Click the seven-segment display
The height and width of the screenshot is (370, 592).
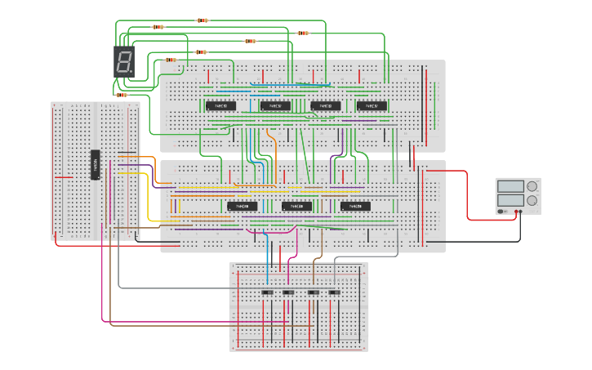coord(124,61)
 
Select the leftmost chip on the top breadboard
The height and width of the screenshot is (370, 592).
coord(220,105)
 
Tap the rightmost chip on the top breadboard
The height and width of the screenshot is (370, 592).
coord(372,105)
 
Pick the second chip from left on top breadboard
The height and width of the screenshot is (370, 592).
coord(275,105)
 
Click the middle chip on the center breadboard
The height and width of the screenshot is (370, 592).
coord(296,206)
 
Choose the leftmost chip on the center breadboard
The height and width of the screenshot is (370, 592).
coord(242,206)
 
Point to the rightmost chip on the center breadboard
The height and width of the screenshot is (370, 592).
coord(355,206)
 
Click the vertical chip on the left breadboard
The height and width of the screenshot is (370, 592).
coord(95,165)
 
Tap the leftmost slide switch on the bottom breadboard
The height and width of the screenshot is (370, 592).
coord(266,292)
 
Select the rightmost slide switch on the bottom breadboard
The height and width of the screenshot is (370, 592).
coord(333,292)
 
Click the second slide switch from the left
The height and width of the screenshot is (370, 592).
coord(287,292)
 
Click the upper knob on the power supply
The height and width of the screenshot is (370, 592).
coord(532,186)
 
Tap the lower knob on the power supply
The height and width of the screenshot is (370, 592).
coord(532,199)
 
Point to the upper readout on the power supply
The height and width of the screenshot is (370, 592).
coord(510,186)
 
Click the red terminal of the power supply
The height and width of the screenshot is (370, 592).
coord(515,212)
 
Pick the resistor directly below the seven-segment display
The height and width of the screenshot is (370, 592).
coord(122,95)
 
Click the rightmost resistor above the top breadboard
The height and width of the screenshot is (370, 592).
coord(303,33)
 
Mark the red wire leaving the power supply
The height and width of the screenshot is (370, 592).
coord(467,196)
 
